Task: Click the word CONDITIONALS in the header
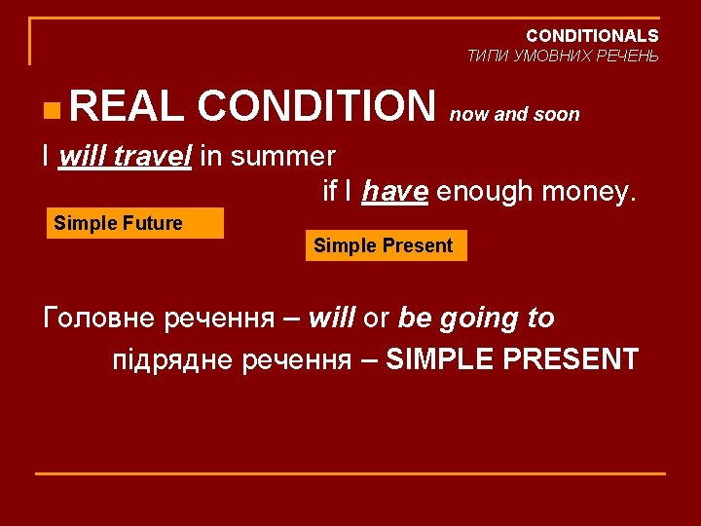coord(592,36)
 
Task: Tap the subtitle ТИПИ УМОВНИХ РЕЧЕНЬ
coord(562,56)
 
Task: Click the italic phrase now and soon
coord(514,115)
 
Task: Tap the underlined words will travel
coord(126,156)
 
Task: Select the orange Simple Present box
coord(386,245)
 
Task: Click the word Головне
coord(101,319)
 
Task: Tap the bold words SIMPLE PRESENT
coord(511,359)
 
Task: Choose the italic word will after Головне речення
coord(331,319)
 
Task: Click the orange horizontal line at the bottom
coord(350,473)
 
